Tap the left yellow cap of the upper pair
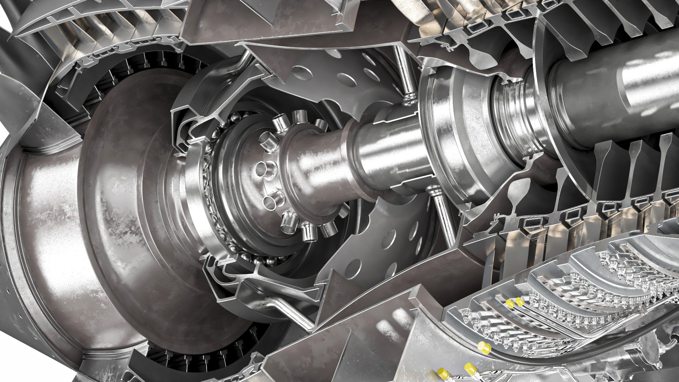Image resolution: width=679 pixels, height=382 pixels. point(510,303)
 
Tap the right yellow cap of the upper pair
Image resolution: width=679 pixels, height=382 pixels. point(519,301)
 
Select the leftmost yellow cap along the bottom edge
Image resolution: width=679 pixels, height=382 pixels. point(442,373)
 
